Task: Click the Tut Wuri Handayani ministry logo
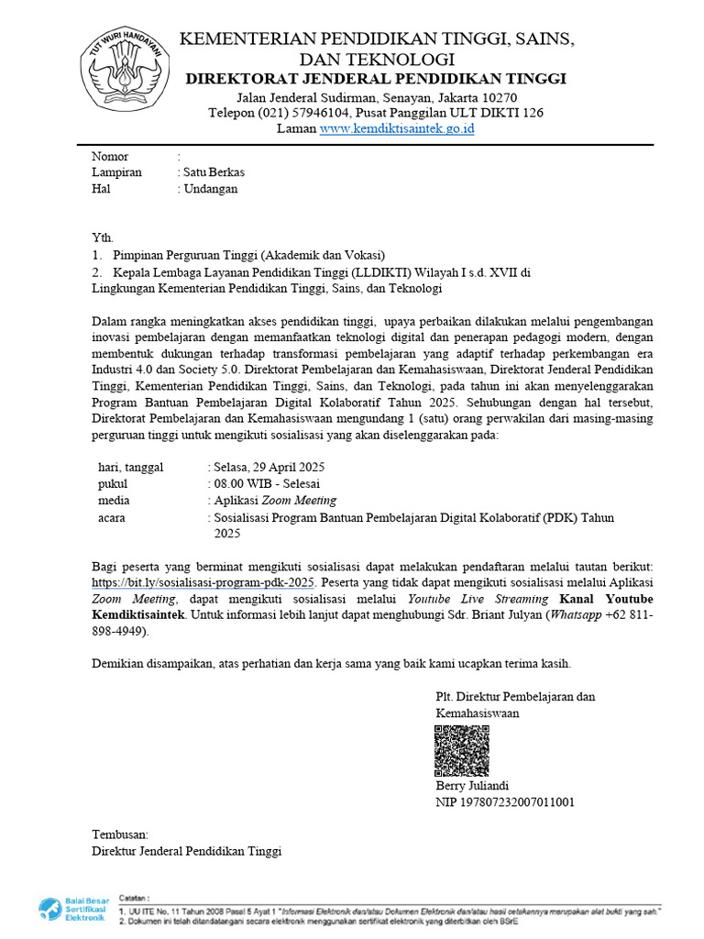click(124, 69)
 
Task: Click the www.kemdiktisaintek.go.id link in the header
click(396, 129)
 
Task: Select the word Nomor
click(110, 157)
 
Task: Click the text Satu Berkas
click(214, 172)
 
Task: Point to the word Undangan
click(211, 189)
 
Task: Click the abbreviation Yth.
click(102, 238)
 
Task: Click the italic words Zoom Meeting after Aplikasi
click(299, 501)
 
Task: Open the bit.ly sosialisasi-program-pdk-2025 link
click(203, 582)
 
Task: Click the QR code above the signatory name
click(462, 750)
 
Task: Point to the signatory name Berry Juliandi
click(472, 786)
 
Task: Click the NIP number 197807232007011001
click(522, 802)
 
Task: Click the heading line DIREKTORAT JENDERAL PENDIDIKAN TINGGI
click(376, 79)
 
